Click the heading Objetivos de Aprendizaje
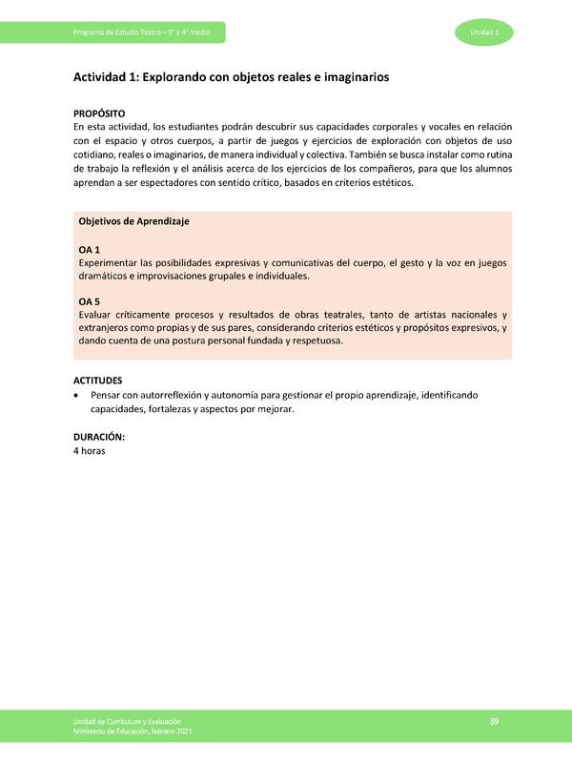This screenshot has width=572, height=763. pos(133,221)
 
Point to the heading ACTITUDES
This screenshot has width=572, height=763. pos(99,381)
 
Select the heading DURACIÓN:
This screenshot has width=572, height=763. pos(99,437)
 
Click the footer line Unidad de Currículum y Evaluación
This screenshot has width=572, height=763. pos(127,723)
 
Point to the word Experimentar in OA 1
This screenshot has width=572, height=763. pos(107,262)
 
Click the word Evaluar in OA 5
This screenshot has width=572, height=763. pos(94,314)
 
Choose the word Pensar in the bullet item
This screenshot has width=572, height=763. pos(107,395)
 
